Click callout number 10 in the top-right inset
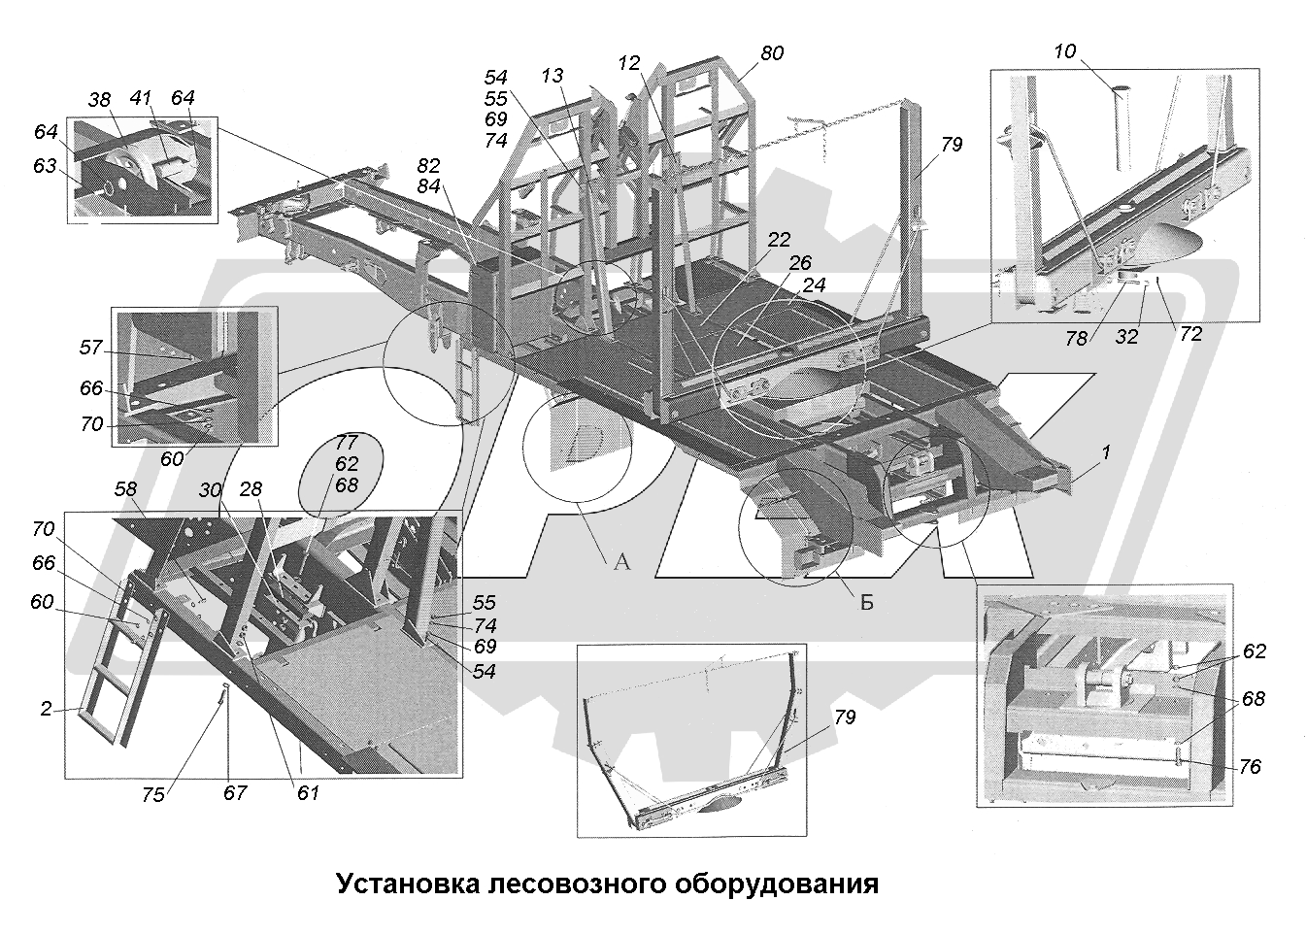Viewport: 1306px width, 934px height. pos(1065,51)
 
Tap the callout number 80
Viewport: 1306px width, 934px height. pos(772,53)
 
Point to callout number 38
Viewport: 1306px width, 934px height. pos(100,99)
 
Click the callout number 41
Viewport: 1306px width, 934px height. pos(141,98)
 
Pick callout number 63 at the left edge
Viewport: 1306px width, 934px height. pos(45,166)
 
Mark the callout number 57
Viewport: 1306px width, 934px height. pos(91,347)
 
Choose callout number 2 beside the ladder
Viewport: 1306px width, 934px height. pos(46,709)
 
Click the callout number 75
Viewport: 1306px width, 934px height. pos(152,794)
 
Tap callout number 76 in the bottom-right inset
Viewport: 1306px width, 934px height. pos(1250,767)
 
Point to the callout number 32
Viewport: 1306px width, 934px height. pos(1126,336)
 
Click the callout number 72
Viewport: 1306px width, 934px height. pos(1190,334)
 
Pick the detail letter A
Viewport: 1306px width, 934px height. pos(621,561)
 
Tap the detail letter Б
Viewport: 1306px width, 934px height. pos(866,602)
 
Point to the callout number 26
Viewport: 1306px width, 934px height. pos(800,263)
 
